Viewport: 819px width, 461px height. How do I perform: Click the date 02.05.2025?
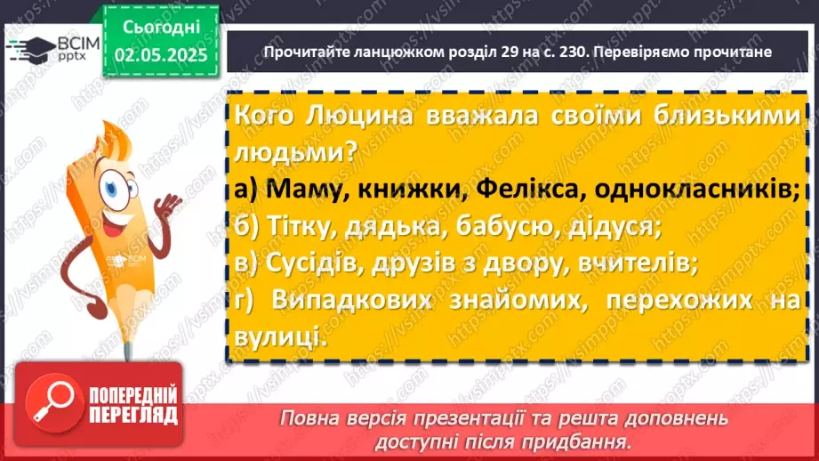point(161,55)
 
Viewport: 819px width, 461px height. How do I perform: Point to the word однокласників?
point(696,189)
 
